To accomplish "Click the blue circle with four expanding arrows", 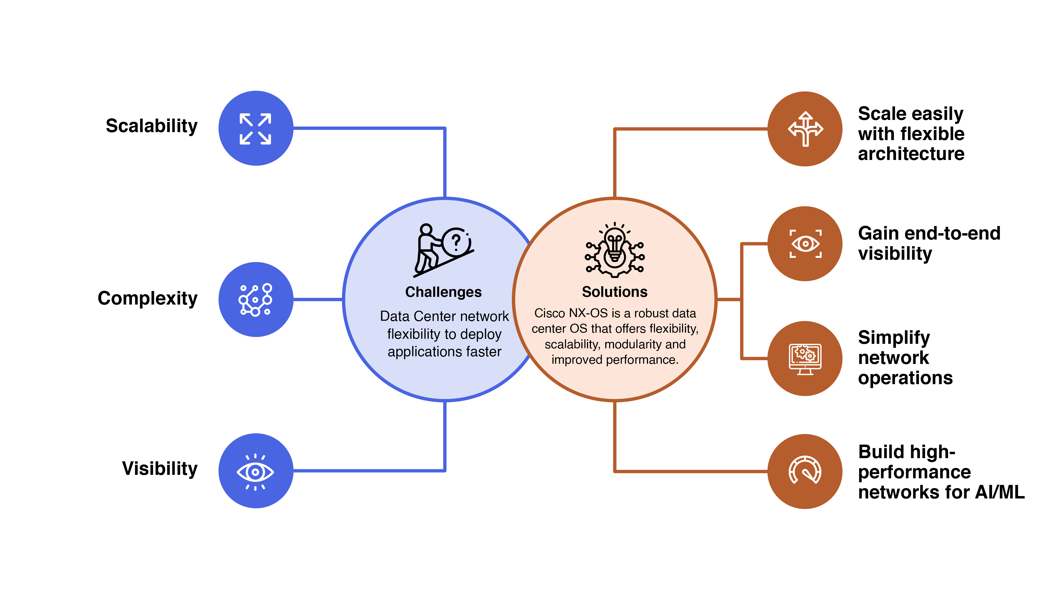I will click(x=256, y=128).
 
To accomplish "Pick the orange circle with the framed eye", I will click(x=805, y=244).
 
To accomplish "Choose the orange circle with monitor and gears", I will click(x=805, y=358).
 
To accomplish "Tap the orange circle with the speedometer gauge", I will click(x=805, y=471).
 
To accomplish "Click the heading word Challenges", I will click(x=443, y=292).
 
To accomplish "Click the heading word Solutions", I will click(x=615, y=292).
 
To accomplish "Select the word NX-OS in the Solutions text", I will click(x=588, y=313).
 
